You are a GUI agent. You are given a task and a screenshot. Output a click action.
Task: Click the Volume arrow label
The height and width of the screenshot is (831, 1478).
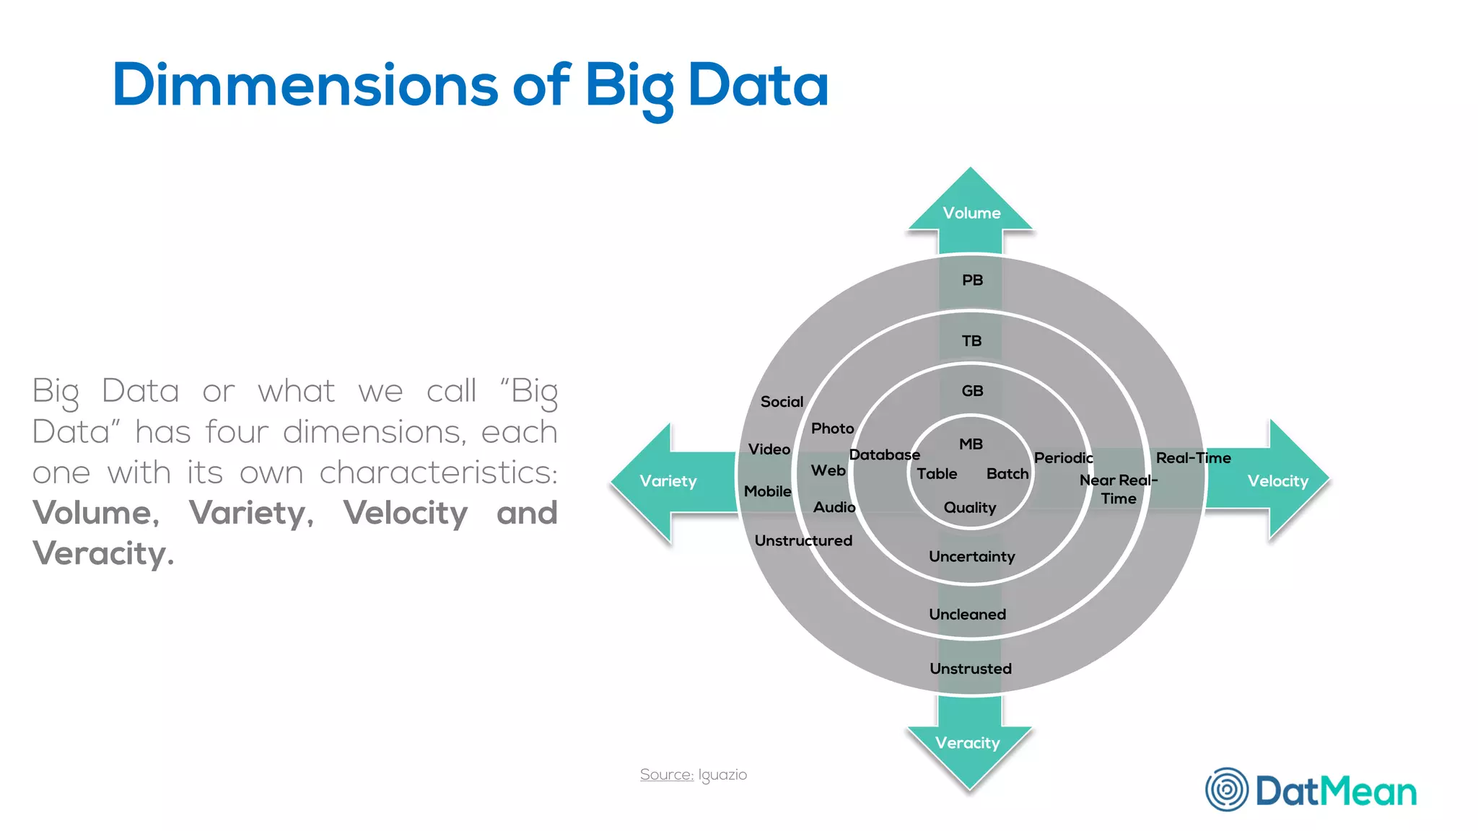(971, 213)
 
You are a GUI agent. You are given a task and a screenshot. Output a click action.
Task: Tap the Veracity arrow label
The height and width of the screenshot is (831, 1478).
(967, 743)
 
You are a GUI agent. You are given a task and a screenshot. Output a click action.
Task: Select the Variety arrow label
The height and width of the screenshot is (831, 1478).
(668, 481)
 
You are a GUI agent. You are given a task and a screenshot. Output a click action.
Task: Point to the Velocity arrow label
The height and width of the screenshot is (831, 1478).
(1277, 481)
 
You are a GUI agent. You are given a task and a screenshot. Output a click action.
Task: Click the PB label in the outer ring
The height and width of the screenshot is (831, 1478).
(972, 280)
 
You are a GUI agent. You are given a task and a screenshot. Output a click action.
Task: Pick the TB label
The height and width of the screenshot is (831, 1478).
(971, 340)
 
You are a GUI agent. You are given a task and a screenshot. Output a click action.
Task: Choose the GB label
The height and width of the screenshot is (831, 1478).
(972, 391)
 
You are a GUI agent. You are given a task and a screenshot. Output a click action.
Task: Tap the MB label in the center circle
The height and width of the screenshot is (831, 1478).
(971, 444)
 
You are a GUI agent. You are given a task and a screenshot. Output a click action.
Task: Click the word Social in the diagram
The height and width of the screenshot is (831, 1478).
(782, 402)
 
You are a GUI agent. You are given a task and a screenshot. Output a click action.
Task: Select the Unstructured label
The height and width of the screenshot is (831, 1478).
(803, 540)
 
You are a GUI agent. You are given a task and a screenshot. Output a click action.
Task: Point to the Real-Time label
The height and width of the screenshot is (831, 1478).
(1193, 458)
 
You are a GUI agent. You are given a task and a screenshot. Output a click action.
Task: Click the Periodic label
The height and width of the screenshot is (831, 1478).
(1063, 458)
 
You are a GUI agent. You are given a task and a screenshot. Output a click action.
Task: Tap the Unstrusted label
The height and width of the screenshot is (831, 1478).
(970, 669)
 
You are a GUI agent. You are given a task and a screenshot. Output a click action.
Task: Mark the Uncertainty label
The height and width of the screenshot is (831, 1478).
(971, 556)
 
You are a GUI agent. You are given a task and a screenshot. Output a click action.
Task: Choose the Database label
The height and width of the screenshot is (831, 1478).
(884, 454)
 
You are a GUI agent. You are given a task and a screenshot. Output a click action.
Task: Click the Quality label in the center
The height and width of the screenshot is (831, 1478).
(969, 508)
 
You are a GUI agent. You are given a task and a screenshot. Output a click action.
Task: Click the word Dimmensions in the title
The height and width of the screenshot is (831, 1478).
(305, 85)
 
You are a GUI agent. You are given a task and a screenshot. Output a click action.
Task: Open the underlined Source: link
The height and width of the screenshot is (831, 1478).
(666, 775)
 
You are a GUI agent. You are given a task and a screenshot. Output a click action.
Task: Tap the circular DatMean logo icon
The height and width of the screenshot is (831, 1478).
(1226, 789)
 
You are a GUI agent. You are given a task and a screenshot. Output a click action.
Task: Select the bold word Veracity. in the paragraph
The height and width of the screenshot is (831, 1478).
(103, 553)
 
